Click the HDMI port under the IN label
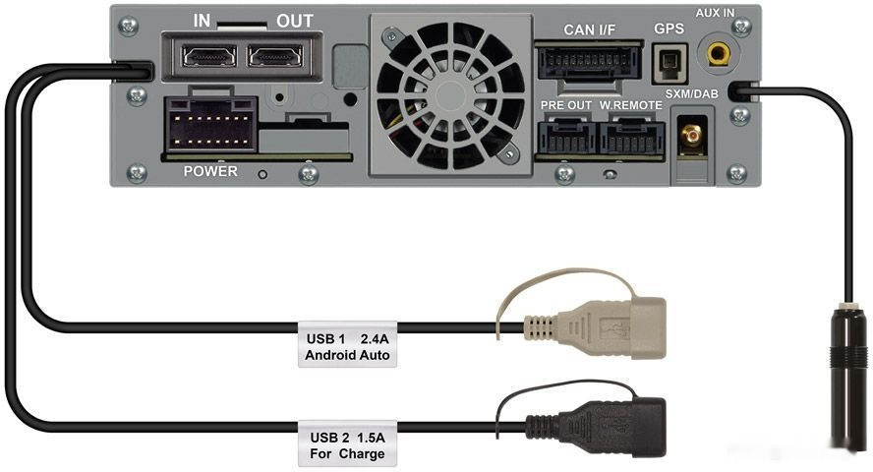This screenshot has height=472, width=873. pos(209,56)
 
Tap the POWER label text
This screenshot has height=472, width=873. pos(210,171)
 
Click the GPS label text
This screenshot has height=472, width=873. pos(669,29)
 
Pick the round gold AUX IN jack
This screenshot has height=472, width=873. pos(719,54)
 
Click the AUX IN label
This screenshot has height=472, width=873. pos(715,12)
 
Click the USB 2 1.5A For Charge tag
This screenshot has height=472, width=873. pos(347,444)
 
